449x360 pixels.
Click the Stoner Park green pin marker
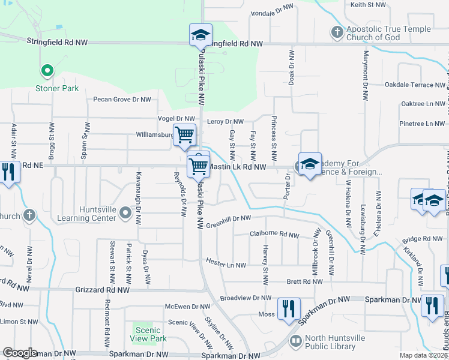point(46,71)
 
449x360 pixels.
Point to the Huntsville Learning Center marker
point(125,212)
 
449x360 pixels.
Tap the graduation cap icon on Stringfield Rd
point(201,35)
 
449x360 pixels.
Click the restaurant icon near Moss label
point(289,309)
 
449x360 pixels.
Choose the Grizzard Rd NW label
point(102,290)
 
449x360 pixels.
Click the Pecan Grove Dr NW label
point(122,100)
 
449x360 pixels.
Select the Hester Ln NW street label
point(226,265)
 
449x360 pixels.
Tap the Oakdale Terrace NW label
point(415,85)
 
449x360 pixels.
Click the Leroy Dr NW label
point(226,122)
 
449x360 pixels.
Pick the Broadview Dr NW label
point(246,298)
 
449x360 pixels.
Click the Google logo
point(20,353)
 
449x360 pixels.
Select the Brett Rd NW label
point(305,281)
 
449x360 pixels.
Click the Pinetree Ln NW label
point(422,124)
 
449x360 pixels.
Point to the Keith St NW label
point(367,5)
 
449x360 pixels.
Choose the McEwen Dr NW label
point(188,307)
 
